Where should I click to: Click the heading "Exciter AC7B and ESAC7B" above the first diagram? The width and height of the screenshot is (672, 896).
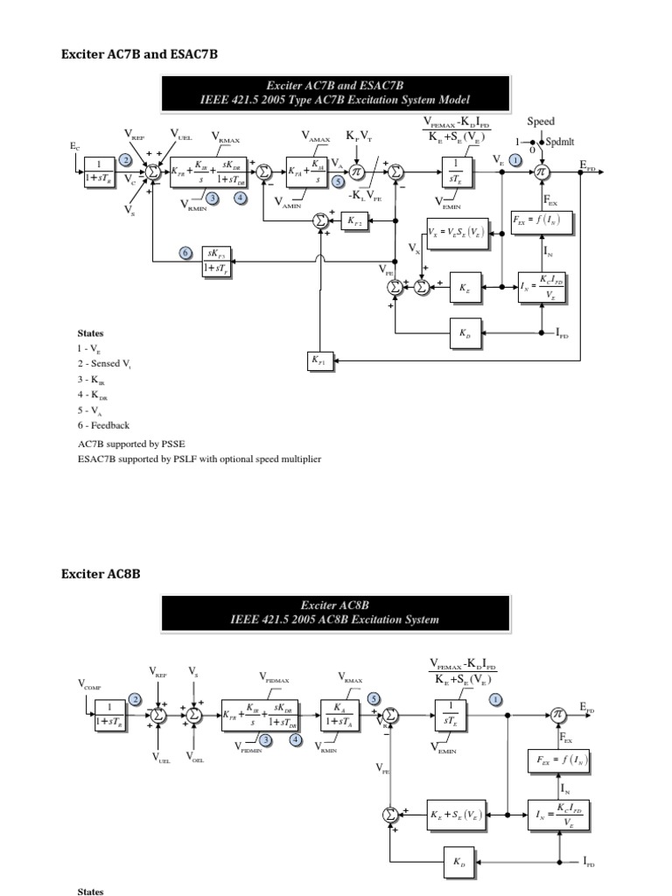[138, 54]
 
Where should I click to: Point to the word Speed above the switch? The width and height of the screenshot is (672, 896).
[540, 122]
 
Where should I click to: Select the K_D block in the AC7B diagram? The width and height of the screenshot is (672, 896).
[464, 333]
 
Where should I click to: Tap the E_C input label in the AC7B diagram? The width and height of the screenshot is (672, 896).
[74, 148]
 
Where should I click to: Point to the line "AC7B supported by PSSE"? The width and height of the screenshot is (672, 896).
[131, 444]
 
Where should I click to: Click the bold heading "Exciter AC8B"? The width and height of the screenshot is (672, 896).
[100, 574]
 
